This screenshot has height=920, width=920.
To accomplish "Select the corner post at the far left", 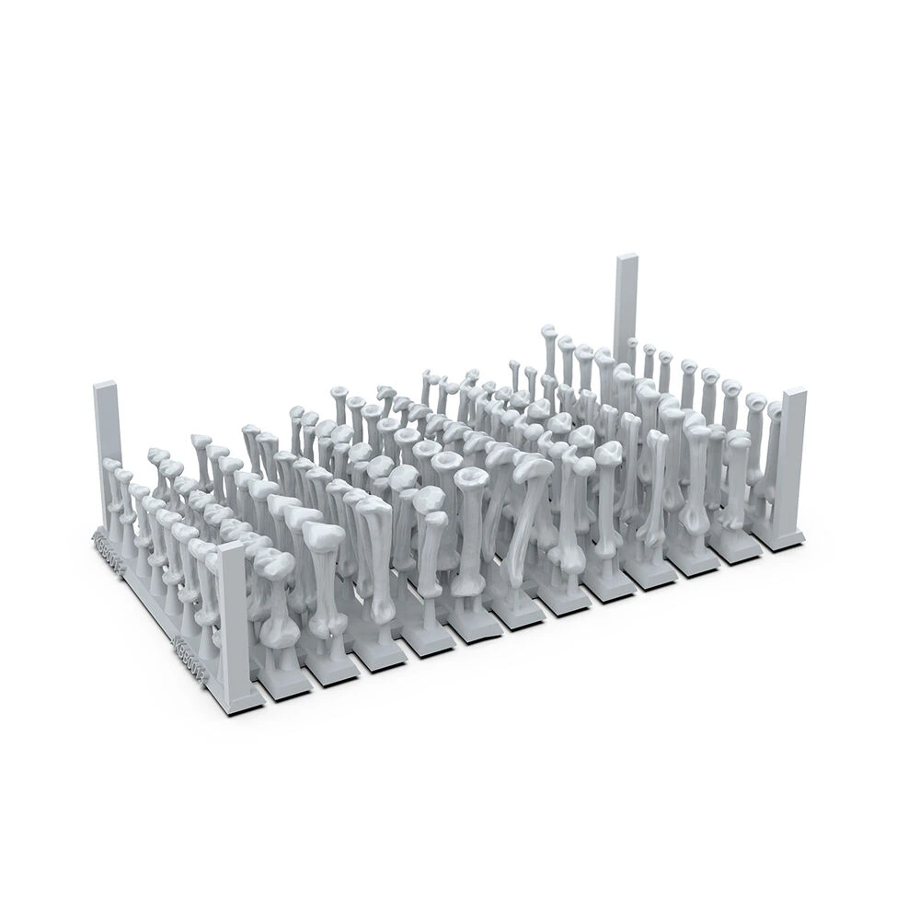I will point(107,442).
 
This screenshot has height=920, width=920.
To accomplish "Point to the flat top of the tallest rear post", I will point(627,259).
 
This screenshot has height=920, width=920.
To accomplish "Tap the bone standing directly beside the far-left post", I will point(114,497).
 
